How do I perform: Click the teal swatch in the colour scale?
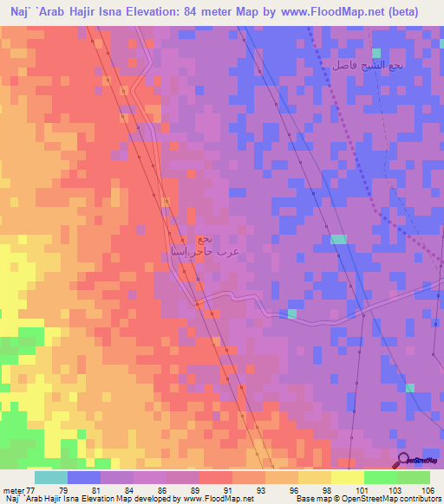pos(50,477)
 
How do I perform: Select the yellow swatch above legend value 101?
pos(347,477)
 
